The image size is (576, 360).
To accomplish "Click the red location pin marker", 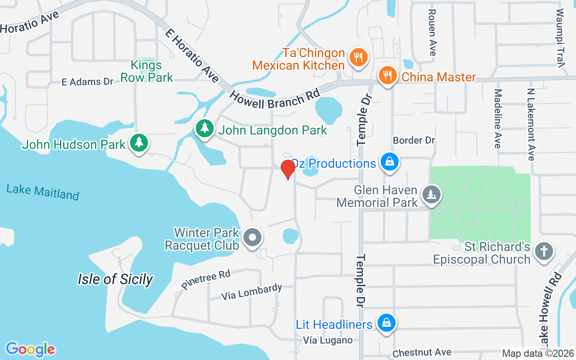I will point(288,169).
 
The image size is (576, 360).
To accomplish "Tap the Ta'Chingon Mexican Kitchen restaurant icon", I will point(358,58).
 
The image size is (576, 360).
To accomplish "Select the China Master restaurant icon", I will point(387,75).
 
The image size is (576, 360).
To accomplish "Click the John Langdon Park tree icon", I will point(205,129).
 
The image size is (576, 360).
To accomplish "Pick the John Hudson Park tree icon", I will point(139,143).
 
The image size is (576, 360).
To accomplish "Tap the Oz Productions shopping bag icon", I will point(389,162).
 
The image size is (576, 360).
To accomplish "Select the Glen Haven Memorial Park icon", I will point(431,195).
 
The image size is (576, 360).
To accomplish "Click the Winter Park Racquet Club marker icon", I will point(252,238).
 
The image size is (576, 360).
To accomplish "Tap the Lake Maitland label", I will point(43,192).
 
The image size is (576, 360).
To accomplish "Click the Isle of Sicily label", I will point(115,279).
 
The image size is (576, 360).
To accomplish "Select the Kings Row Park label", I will point(147,71).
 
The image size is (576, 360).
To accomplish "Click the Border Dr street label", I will point(414,140).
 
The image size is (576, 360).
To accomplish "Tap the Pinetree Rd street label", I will point(206,279).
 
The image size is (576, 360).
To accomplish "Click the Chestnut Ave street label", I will point(422,353).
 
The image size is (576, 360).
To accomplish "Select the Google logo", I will point(30,349).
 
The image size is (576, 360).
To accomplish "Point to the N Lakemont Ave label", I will point(531,124).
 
